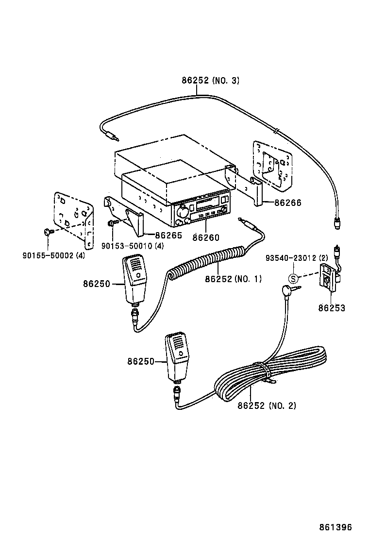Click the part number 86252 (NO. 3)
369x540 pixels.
[210, 81]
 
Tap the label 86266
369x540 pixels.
[287, 203]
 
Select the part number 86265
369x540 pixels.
[168, 236]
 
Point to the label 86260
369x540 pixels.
[206, 237]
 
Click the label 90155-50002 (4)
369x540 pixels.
[53, 255]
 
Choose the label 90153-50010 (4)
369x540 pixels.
[133, 246]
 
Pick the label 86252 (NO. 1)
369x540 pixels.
[233, 279]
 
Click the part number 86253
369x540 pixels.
[332, 308]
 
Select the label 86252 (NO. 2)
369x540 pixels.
[267, 405]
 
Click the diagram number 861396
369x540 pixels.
[335, 527]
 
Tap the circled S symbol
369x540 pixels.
[293, 278]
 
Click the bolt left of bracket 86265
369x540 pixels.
[112, 223]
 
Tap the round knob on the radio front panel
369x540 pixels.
[184, 212]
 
